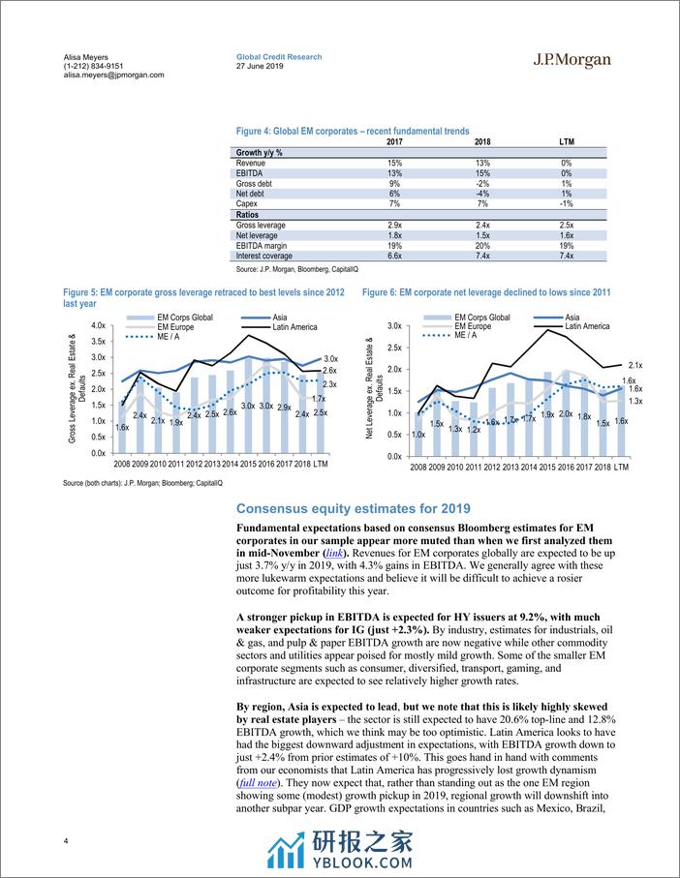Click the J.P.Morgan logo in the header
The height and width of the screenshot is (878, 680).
(572, 60)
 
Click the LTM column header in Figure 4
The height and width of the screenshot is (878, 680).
(567, 141)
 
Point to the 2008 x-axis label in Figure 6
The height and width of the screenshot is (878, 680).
(418, 467)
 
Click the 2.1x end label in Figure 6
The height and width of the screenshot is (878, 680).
(635, 365)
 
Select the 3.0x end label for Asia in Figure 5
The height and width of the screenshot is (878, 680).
(329, 359)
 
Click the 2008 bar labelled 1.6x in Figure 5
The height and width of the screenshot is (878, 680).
(123, 427)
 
